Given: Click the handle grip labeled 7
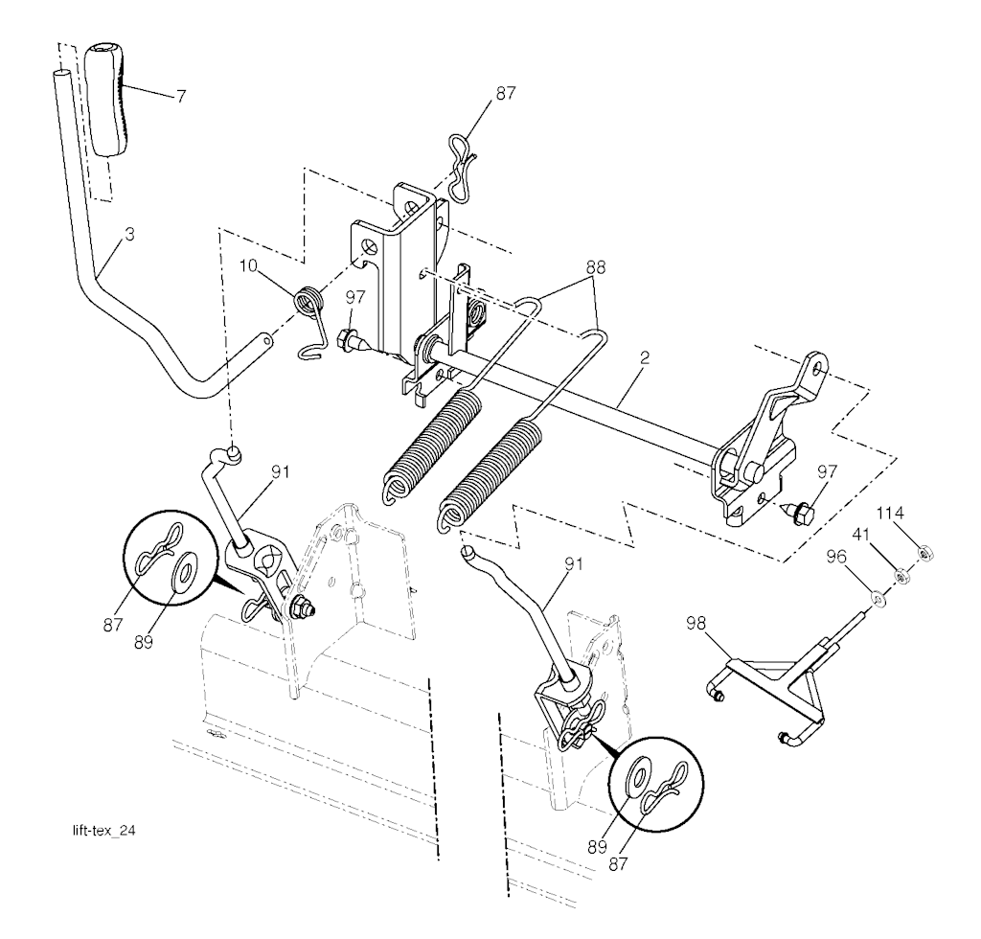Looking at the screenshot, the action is [106, 99].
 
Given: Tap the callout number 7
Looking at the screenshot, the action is [180, 97].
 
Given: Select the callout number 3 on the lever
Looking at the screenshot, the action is [129, 235].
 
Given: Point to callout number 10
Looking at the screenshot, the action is [248, 265].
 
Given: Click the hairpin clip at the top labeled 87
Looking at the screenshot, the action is [463, 167].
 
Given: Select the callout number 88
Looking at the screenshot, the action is [596, 265].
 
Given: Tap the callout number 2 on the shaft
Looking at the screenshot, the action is [645, 357].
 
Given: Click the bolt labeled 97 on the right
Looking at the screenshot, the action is [798, 513].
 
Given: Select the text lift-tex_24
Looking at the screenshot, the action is [103, 831].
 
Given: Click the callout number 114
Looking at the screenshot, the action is [890, 513].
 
